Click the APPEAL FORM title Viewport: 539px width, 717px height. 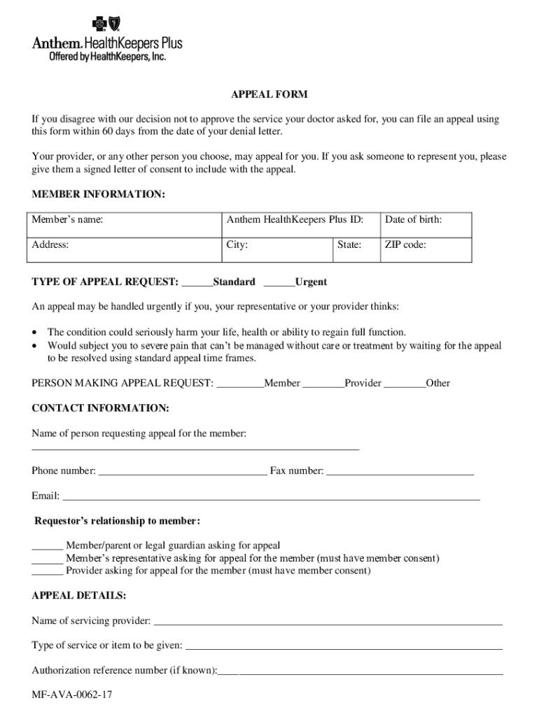(x=269, y=95)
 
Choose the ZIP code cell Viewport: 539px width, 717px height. (x=426, y=249)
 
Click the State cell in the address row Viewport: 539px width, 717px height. (x=356, y=249)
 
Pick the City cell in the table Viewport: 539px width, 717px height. (x=276, y=249)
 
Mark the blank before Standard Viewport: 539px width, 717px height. (x=197, y=283)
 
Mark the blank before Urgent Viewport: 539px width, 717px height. (x=279, y=283)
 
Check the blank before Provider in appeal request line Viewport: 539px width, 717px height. (x=324, y=384)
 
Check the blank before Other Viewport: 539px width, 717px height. (x=405, y=384)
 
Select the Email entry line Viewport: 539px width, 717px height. (x=272, y=498)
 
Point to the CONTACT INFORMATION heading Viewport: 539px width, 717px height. (x=100, y=408)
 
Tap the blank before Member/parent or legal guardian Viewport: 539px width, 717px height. (x=47, y=547)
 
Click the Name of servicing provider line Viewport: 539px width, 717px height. (x=328, y=622)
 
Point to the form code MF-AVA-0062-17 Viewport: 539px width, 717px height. (x=72, y=695)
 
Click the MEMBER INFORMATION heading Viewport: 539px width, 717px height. (x=98, y=194)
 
